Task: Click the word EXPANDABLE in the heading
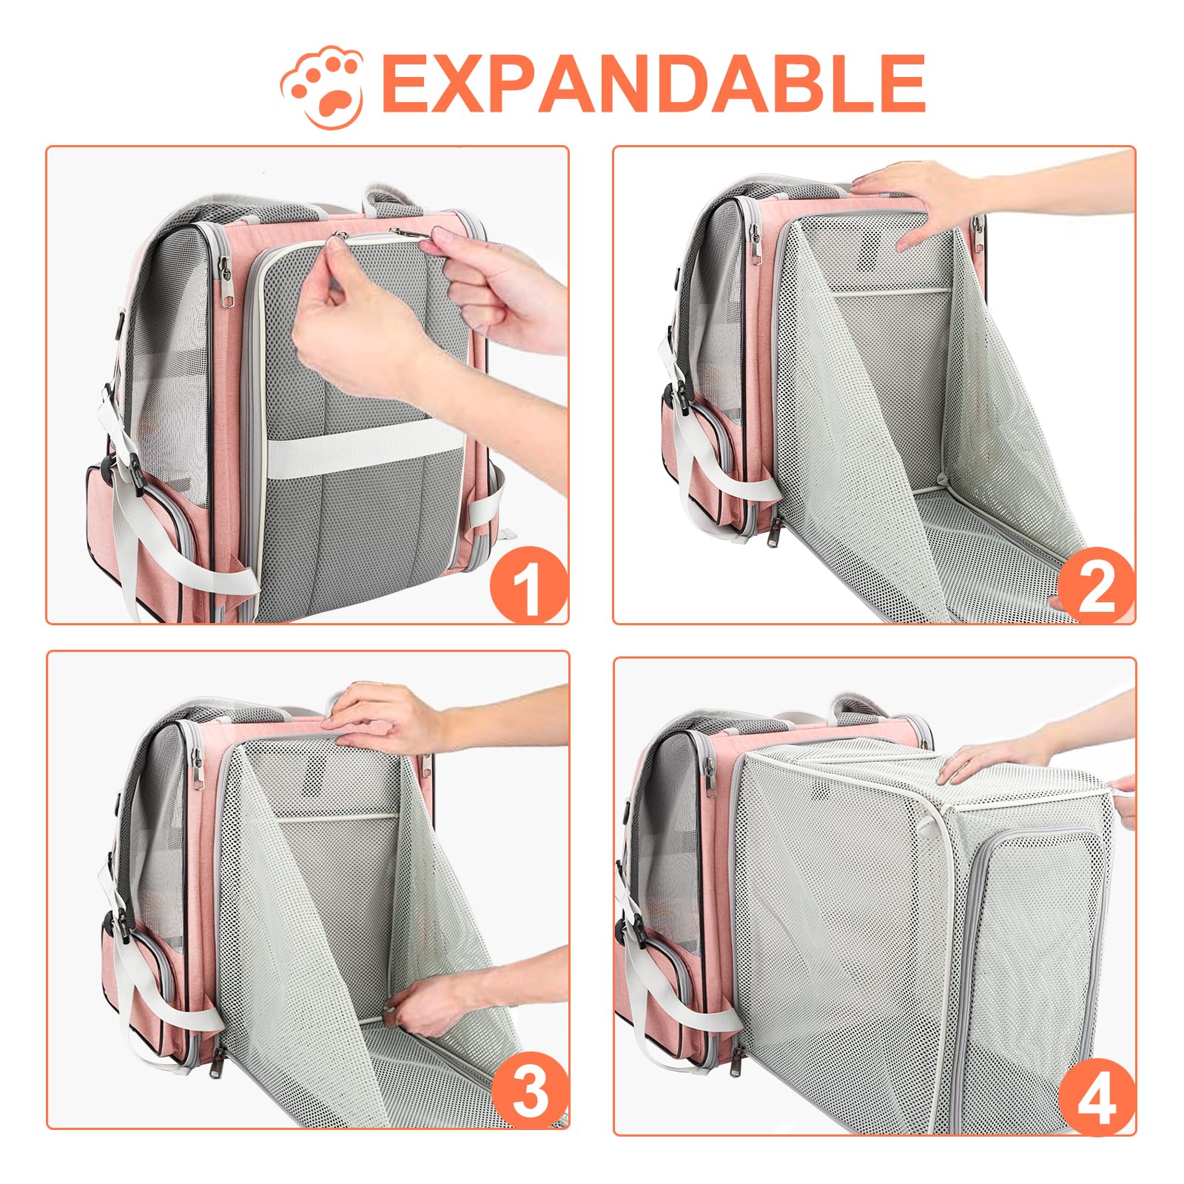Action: click(653, 83)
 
